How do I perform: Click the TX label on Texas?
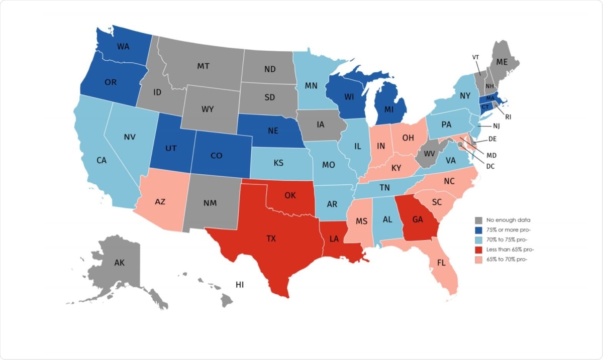(271, 238)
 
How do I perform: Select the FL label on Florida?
(442, 263)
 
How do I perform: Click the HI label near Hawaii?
(240, 285)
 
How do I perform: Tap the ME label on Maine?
(502, 62)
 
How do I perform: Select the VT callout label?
(475, 57)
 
